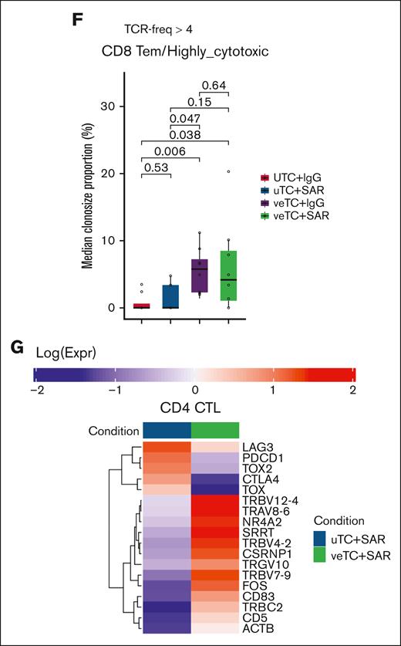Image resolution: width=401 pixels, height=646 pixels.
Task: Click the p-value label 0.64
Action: (x=214, y=85)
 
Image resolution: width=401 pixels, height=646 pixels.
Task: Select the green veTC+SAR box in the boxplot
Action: (x=229, y=275)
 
